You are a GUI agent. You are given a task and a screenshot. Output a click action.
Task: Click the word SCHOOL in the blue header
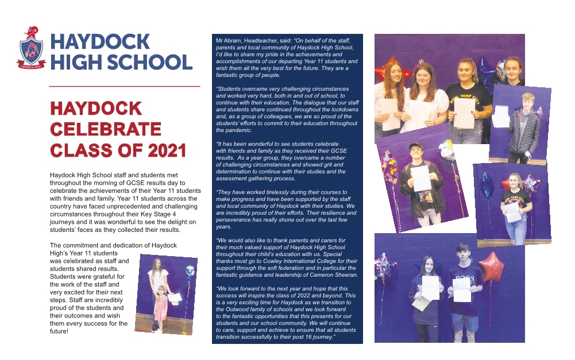click(141, 61)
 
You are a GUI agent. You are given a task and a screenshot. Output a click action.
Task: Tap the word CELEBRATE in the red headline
click(106, 129)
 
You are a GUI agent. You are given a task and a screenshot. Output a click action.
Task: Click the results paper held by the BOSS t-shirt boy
click(461, 290)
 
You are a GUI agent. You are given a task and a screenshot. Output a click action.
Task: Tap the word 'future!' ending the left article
click(60, 331)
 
